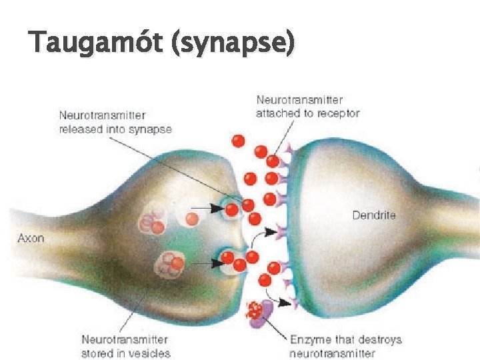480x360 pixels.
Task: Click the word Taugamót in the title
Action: coord(97,43)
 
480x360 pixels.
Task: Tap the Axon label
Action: coord(31,237)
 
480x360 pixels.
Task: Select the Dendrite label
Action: coord(373,215)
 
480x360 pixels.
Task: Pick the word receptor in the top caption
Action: coord(337,113)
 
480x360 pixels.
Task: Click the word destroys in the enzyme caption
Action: coord(379,340)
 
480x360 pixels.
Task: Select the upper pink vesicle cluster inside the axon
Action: coord(151,221)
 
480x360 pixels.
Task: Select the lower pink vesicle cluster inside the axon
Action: coord(169,264)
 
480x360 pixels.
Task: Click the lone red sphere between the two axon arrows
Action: coord(192,219)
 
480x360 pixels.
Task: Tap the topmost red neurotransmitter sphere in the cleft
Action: coord(238,141)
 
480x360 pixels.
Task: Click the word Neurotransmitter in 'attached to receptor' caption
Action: coord(300,101)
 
